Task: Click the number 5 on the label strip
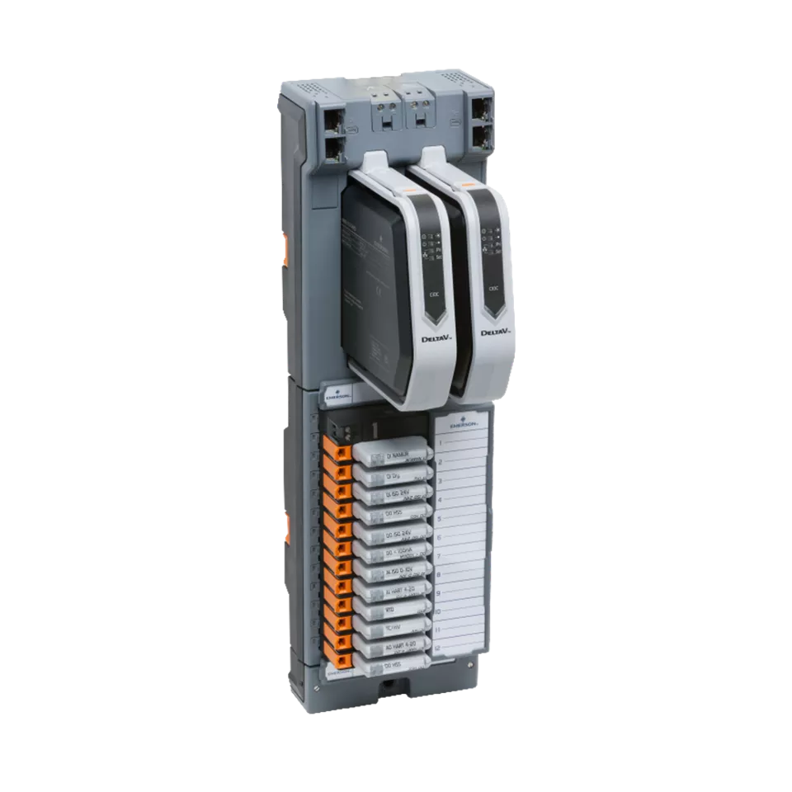click(439, 519)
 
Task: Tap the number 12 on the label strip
click(438, 649)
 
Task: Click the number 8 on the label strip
click(439, 574)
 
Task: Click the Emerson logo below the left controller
click(339, 394)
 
